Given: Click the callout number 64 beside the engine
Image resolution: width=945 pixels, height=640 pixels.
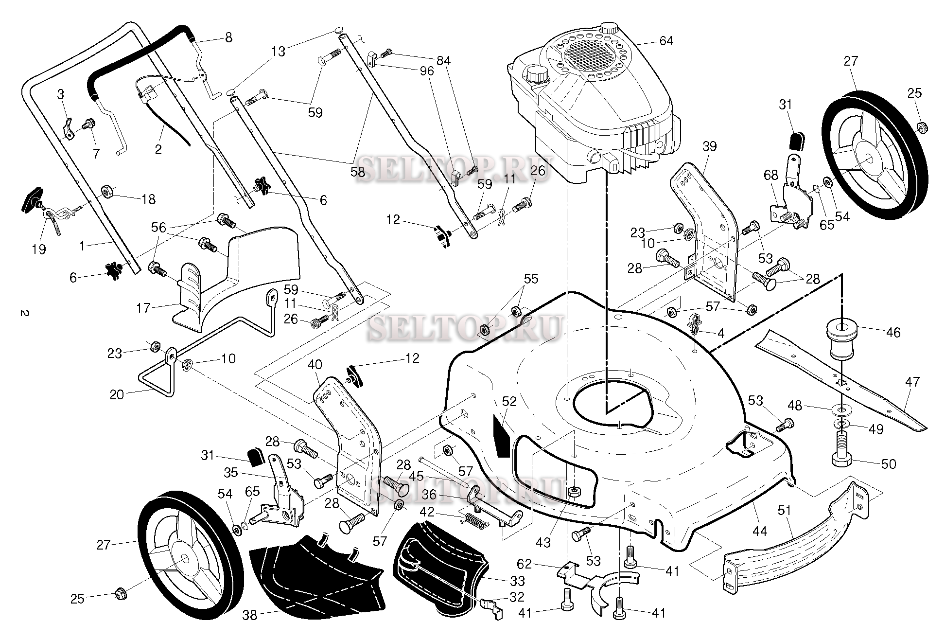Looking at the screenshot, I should pos(666,41).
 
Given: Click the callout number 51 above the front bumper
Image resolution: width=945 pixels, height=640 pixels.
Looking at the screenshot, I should pos(784,511).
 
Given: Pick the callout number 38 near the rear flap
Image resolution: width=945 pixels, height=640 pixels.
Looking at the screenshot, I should pos(249,615).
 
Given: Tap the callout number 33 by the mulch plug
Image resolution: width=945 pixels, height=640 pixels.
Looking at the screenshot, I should pos(517,581).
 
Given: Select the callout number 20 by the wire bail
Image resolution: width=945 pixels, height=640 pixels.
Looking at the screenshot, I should pos(117,394).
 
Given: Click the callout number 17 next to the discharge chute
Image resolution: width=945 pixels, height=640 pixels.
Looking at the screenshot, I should pos(143,308).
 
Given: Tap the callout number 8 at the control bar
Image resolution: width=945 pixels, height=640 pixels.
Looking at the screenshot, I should pos(228,37).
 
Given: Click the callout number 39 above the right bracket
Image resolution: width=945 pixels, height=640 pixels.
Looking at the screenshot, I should pos(709,146).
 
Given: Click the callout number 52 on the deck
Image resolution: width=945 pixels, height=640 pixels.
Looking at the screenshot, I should pos(509,401).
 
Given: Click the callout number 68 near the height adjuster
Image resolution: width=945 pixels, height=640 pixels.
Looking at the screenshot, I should pos(771,175).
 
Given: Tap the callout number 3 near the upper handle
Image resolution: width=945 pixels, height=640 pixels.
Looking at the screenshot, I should pos(60,94).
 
